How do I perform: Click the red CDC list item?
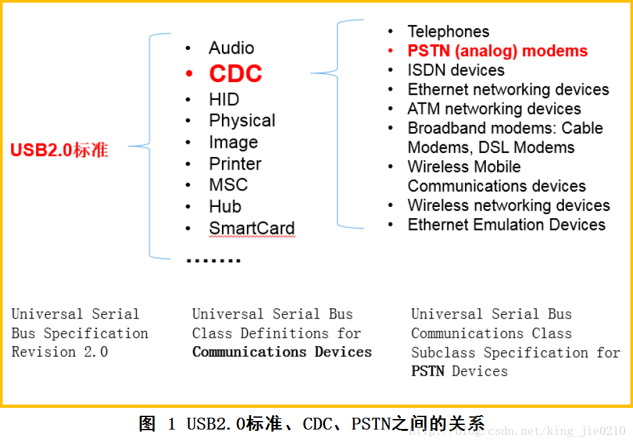click(235, 74)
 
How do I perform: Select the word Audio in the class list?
click(231, 48)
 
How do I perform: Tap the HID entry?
click(224, 100)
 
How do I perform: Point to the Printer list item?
click(235, 164)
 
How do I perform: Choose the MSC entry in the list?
click(228, 185)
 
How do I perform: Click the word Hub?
click(225, 206)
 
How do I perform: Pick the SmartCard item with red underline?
click(251, 228)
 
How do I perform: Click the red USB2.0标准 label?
click(59, 150)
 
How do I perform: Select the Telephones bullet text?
click(448, 32)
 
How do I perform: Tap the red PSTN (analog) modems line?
click(497, 51)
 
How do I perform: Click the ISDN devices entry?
click(456, 70)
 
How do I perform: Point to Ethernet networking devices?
click(508, 89)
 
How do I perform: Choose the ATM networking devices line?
click(494, 108)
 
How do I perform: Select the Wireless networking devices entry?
click(508, 205)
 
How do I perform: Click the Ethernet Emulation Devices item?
click(506, 225)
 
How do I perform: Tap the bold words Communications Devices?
click(282, 352)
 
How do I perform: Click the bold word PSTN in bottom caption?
click(428, 371)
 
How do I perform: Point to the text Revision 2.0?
click(60, 352)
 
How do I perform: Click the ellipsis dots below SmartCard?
click(213, 261)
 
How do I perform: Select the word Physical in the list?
click(242, 121)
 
